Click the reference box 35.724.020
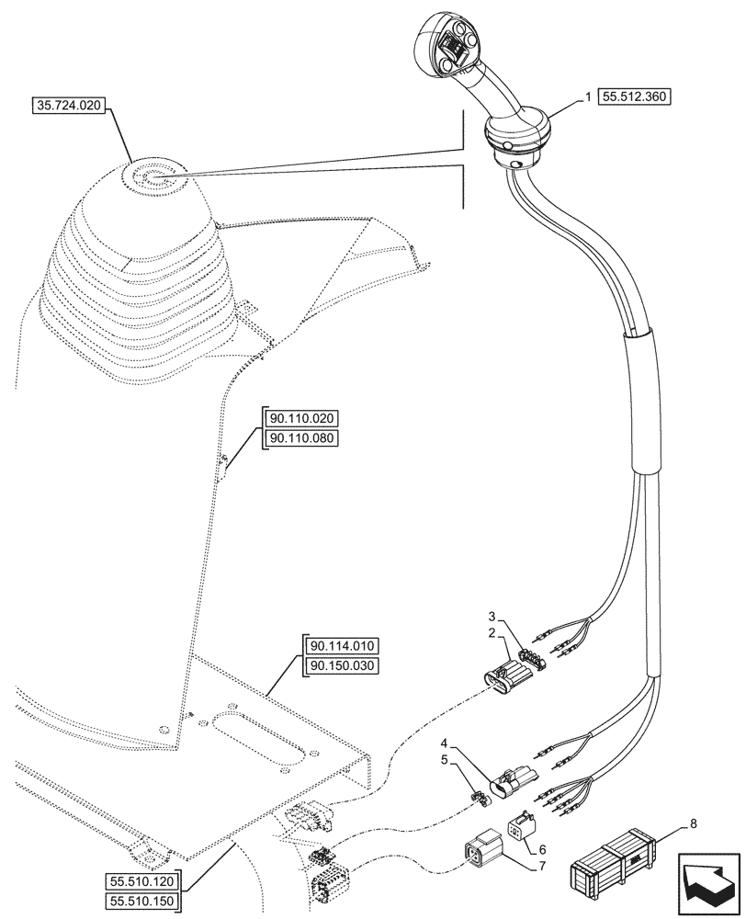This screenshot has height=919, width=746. click(70, 107)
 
